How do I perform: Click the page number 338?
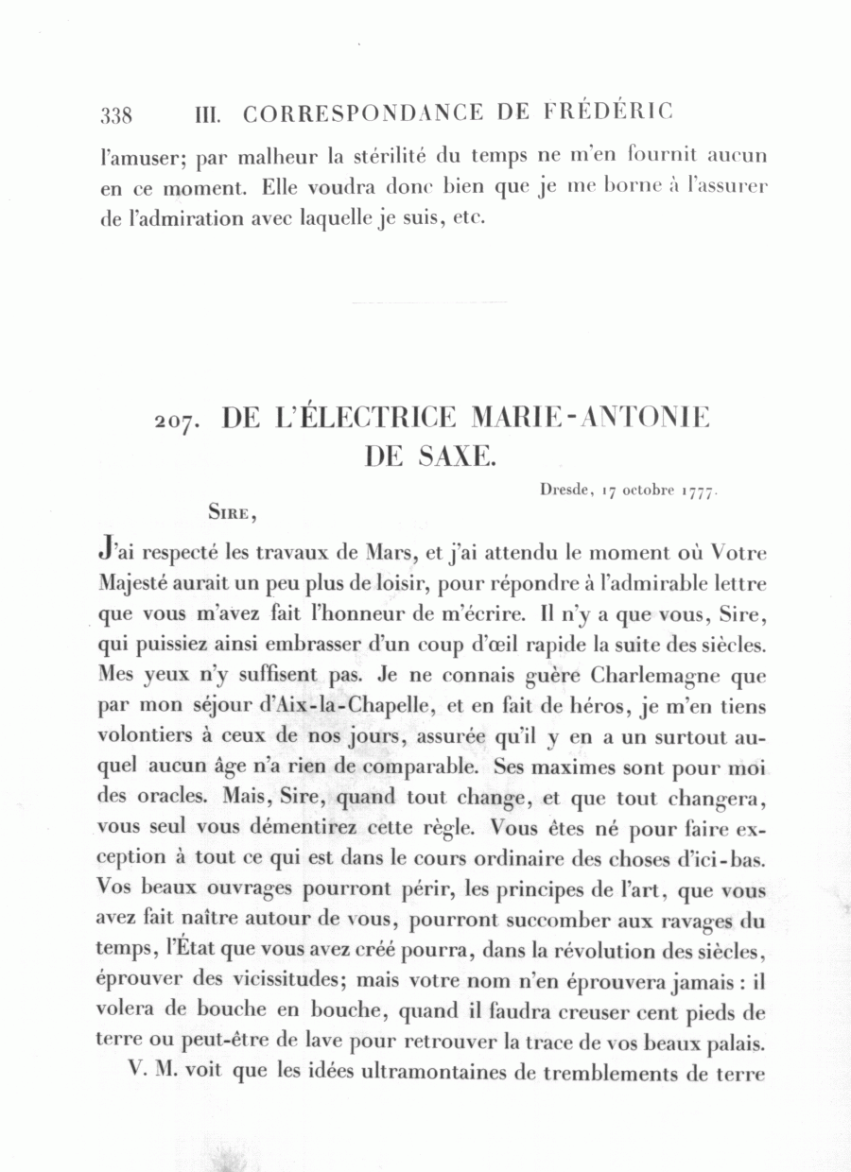[x=115, y=115]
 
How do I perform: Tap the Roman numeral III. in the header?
[x=207, y=115]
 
